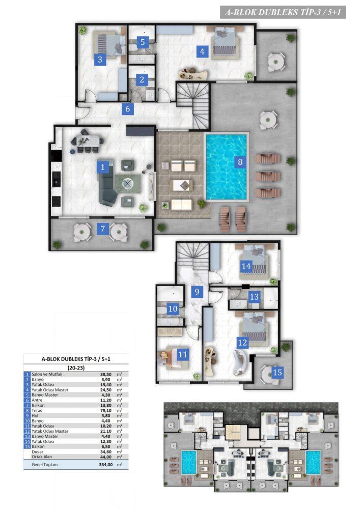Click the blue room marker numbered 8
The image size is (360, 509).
[x=240, y=162]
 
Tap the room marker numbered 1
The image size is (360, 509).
[x=102, y=167]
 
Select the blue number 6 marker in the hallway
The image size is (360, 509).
[x=128, y=109]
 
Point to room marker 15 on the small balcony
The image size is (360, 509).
[x=277, y=372]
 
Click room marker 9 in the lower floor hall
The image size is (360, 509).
[x=197, y=292]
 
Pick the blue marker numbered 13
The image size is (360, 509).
[x=254, y=296]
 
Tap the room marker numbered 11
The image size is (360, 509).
[x=183, y=354]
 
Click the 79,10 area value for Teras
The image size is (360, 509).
[x=105, y=410]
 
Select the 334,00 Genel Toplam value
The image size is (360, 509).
[x=106, y=465]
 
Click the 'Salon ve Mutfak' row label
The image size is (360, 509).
[x=47, y=374]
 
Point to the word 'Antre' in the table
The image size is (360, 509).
[x=37, y=400]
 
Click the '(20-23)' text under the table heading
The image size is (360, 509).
[x=76, y=368]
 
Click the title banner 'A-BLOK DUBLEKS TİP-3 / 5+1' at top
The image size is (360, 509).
[x=283, y=12]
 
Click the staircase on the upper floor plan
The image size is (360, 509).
[x=193, y=104]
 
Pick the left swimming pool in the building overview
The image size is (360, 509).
[x=189, y=461]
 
